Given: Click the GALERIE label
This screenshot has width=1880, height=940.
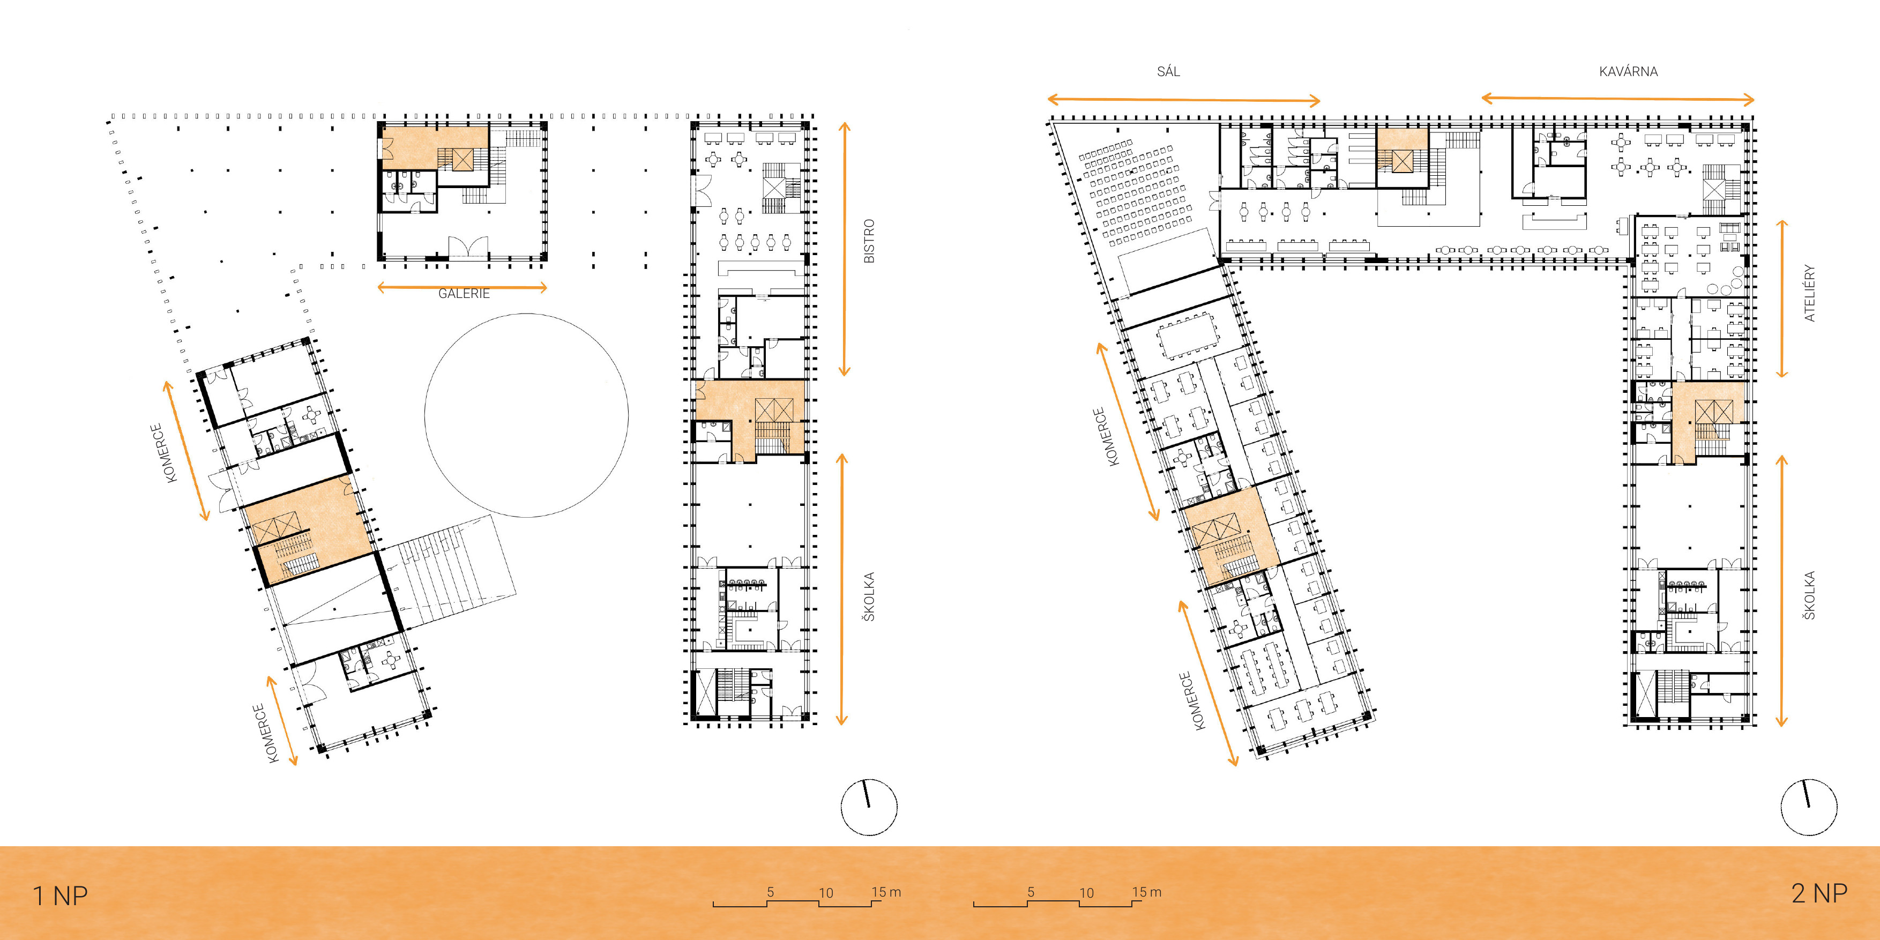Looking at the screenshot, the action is [464, 293].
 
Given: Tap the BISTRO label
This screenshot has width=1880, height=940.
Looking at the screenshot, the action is [869, 241].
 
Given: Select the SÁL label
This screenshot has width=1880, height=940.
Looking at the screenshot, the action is [1168, 71].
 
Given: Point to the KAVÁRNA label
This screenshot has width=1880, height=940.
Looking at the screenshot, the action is [1628, 71].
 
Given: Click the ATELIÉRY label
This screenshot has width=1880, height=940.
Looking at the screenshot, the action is [1809, 293].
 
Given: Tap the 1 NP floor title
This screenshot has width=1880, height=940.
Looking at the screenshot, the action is [61, 896].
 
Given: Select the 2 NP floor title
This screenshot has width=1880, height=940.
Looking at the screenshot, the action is [1819, 892].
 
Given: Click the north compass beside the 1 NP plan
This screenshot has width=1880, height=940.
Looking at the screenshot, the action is [869, 807].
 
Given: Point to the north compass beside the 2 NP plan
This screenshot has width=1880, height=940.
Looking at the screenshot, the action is [1809, 807].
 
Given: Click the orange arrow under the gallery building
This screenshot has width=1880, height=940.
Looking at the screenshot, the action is [462, 288].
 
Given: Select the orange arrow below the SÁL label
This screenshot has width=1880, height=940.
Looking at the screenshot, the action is [1184, 100].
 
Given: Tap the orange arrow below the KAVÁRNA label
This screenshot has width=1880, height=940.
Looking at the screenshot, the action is [1617, 99].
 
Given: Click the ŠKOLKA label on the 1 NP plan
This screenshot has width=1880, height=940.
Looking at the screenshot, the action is [869, 597].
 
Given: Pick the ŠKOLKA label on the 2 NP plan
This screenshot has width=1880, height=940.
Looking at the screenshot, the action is [1809, 595].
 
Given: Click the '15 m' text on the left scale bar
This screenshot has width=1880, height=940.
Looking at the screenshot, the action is [886, 892].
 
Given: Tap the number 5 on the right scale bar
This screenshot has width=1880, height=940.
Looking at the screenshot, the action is [1031, 892].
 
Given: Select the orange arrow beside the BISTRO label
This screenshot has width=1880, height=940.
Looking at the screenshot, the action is [845, 249].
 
